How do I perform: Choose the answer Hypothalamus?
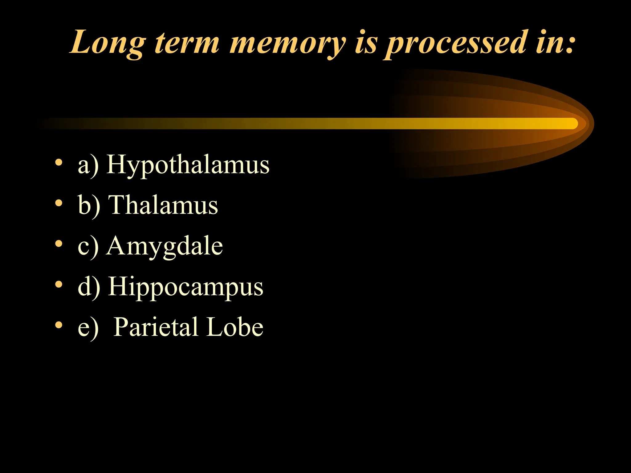(188, 165)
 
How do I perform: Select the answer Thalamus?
(164, 205)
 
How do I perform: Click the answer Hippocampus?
(185, 287)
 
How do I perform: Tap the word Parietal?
(156, 327)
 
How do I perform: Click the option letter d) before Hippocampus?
(89, 287)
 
